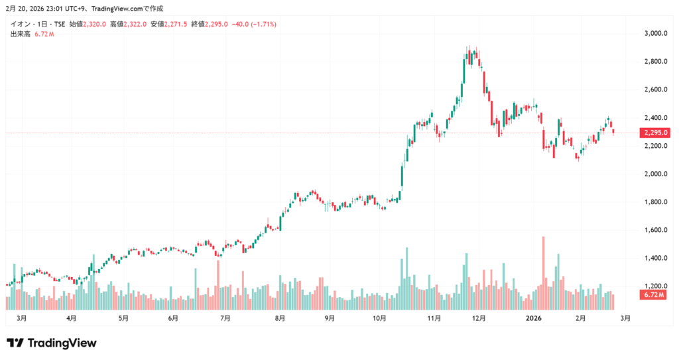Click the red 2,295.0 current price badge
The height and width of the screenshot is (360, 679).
(655, 133)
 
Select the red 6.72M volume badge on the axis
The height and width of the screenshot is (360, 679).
(654, 294)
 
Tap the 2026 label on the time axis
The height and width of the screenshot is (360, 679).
(534, 318)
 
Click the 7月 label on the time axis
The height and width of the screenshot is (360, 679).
(225, 318)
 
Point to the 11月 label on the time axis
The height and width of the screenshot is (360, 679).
(434, 318)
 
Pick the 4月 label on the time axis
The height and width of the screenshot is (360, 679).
(71, 318)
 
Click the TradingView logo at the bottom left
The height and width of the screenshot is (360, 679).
(52, 343)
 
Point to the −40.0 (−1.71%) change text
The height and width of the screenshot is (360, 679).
(254, 24)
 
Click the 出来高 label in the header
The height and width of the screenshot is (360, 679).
(20, 34)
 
